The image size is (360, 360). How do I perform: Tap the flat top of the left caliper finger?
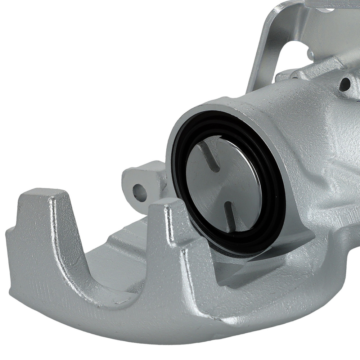click(43, 196)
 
